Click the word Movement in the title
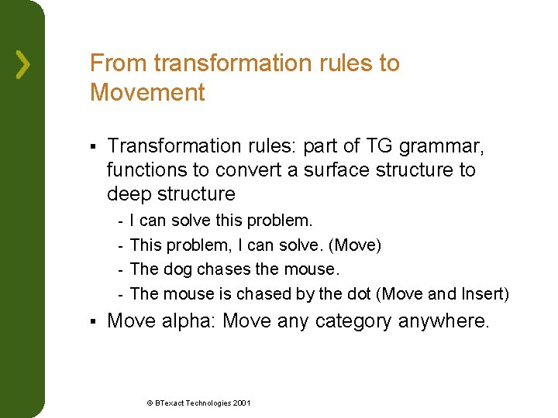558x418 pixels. (x=147, y=93)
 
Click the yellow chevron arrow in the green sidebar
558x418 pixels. (x=24, y=64)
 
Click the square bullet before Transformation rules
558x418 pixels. (x=92, y=146)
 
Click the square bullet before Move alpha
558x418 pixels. (x=92, y=321)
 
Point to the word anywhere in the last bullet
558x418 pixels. (x=443, y=320)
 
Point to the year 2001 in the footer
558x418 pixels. (x=240, y=403)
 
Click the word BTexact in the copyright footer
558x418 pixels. (x=170, y=403)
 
